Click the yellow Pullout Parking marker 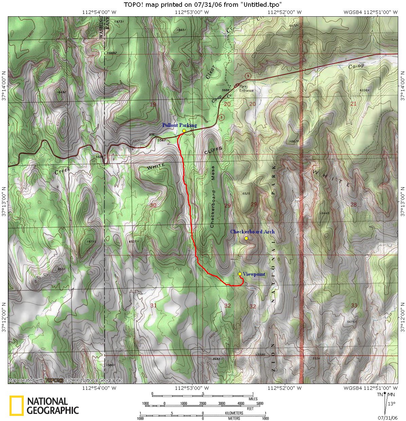(184, 131)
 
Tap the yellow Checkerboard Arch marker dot (246, 238)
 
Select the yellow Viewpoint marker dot (240, 274)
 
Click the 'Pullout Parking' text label (179, 125)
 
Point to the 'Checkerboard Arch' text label (252, 232)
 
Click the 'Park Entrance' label (246, 89)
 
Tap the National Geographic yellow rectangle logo (16, 405)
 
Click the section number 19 (153, 104)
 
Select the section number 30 (153, 205)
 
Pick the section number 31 (153, 306)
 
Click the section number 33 (354, 305)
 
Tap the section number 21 (353, 104)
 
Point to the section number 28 (354, 205)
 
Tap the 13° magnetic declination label (391, 404)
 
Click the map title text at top (203, 4)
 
